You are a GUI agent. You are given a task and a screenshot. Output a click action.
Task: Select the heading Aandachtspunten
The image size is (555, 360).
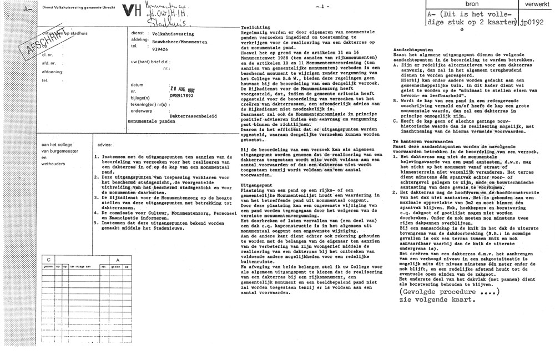[x=405, y=50]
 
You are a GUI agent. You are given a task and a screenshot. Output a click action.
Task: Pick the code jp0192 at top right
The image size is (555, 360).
[x=533, y=25]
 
